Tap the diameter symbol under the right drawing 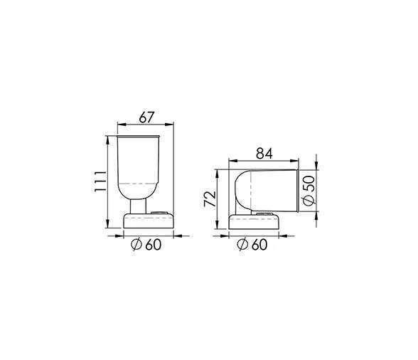pos(243,245)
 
